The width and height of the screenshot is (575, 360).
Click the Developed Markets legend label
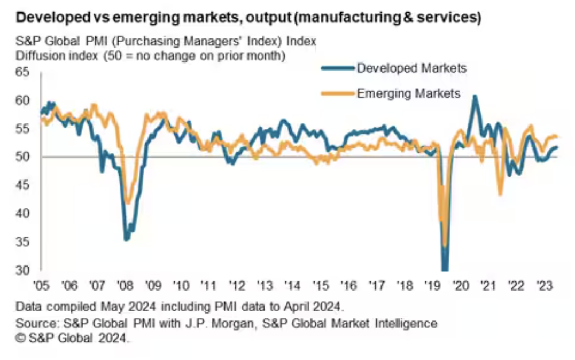pos(411,68)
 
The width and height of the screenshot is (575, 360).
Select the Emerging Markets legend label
pos(408,93)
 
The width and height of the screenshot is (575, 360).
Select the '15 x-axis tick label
pos(320,285)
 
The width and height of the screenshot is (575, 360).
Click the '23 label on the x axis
pos(544,285)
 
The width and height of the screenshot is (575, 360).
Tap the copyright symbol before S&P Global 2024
pos(21,338)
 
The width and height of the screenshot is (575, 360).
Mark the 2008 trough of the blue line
pos(126,239)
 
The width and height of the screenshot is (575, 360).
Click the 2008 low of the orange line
pos(127,203)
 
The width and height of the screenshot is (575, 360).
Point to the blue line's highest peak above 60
pos(475,96)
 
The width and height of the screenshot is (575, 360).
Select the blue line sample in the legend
pos(337,68)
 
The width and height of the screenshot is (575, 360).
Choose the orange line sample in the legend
pos(337,93)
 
